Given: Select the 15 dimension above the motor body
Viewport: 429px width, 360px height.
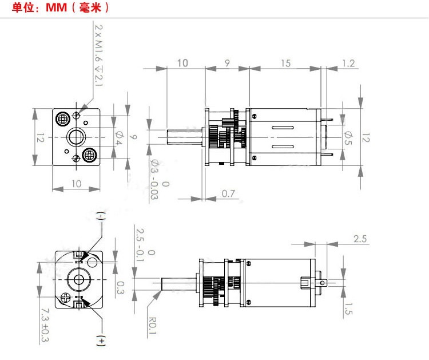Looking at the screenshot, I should (285, 63).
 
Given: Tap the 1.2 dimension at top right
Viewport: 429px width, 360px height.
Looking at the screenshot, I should (348, 63).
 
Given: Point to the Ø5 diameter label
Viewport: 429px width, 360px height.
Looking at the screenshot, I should (348, 137).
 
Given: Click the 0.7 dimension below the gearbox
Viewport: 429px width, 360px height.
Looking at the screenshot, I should (229, 194).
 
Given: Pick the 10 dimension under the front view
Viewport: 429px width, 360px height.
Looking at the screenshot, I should (77, 183).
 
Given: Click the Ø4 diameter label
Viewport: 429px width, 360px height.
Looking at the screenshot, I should (119, 137).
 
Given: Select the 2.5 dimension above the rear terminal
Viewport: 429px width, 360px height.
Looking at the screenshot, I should (360, 239).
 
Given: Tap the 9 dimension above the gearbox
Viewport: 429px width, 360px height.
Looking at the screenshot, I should (228, 63).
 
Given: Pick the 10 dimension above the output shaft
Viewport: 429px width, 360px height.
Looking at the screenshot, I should (183, 63).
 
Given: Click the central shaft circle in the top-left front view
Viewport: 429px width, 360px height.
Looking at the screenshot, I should (76, 137).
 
